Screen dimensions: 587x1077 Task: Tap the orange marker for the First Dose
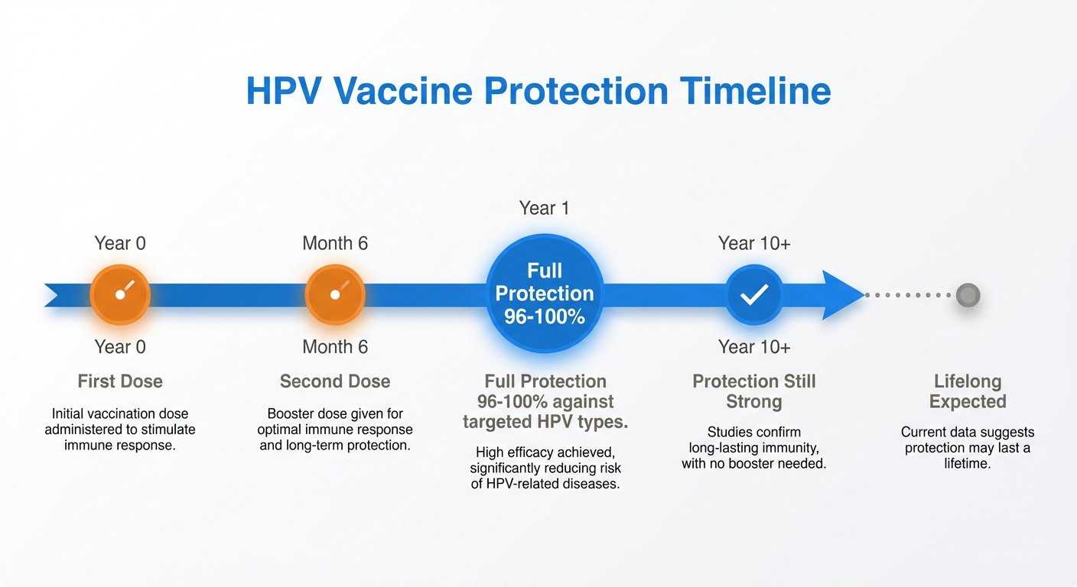pos(120,295)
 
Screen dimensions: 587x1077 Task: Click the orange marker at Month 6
pos(335,295)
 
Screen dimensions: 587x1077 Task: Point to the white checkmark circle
pos(754,295)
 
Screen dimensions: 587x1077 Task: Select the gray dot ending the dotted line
pos(968,295)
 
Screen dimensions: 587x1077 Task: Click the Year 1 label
pos(544,208)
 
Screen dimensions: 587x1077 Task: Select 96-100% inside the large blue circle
pos(545,316)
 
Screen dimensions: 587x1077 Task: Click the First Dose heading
pos(120,381)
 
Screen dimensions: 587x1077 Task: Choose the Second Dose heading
pos(335,381)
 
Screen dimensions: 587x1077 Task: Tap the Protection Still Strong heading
pos(754,391)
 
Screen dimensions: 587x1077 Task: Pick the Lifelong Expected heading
pos(968,391)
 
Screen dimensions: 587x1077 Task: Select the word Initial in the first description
pos(67,414)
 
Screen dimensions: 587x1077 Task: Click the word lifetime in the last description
pos(967,463)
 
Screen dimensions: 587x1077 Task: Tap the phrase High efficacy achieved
pos(545,452)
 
